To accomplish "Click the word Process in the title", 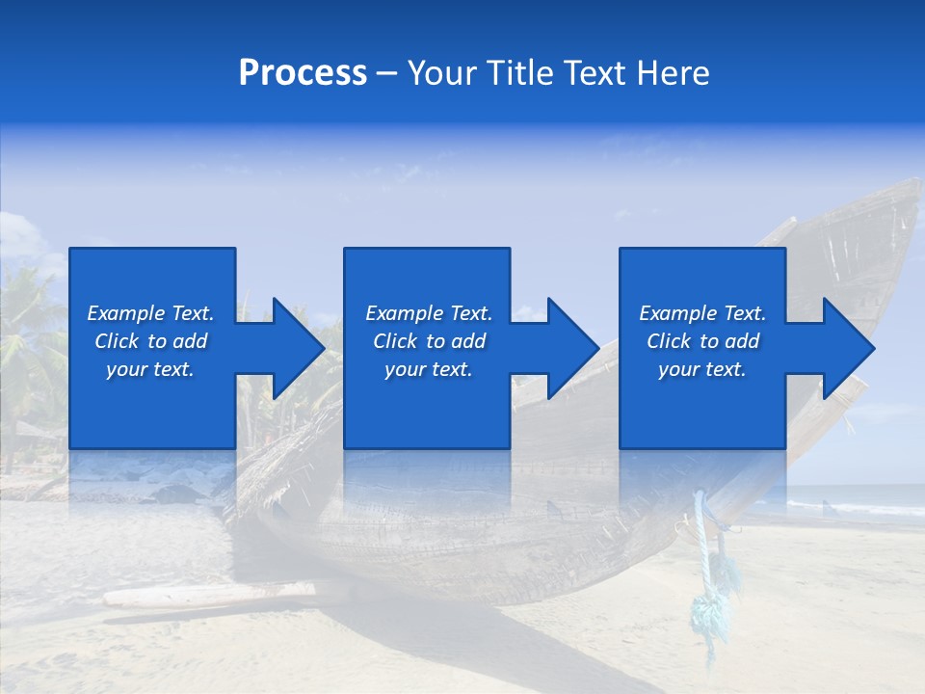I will click(303, 73).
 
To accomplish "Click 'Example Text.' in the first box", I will click(150, 313).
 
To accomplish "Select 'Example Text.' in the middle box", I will click(429, 313).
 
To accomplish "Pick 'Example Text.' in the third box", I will click(702, 313).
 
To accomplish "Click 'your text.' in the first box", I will click(150, 369).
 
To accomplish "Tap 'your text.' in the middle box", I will click(429, 369).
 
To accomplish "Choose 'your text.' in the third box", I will click(702, 369).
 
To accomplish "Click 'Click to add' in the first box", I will click(150, 341).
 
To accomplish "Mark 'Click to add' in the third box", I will click(702, 341).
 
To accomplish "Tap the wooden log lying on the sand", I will click(207, 595).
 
